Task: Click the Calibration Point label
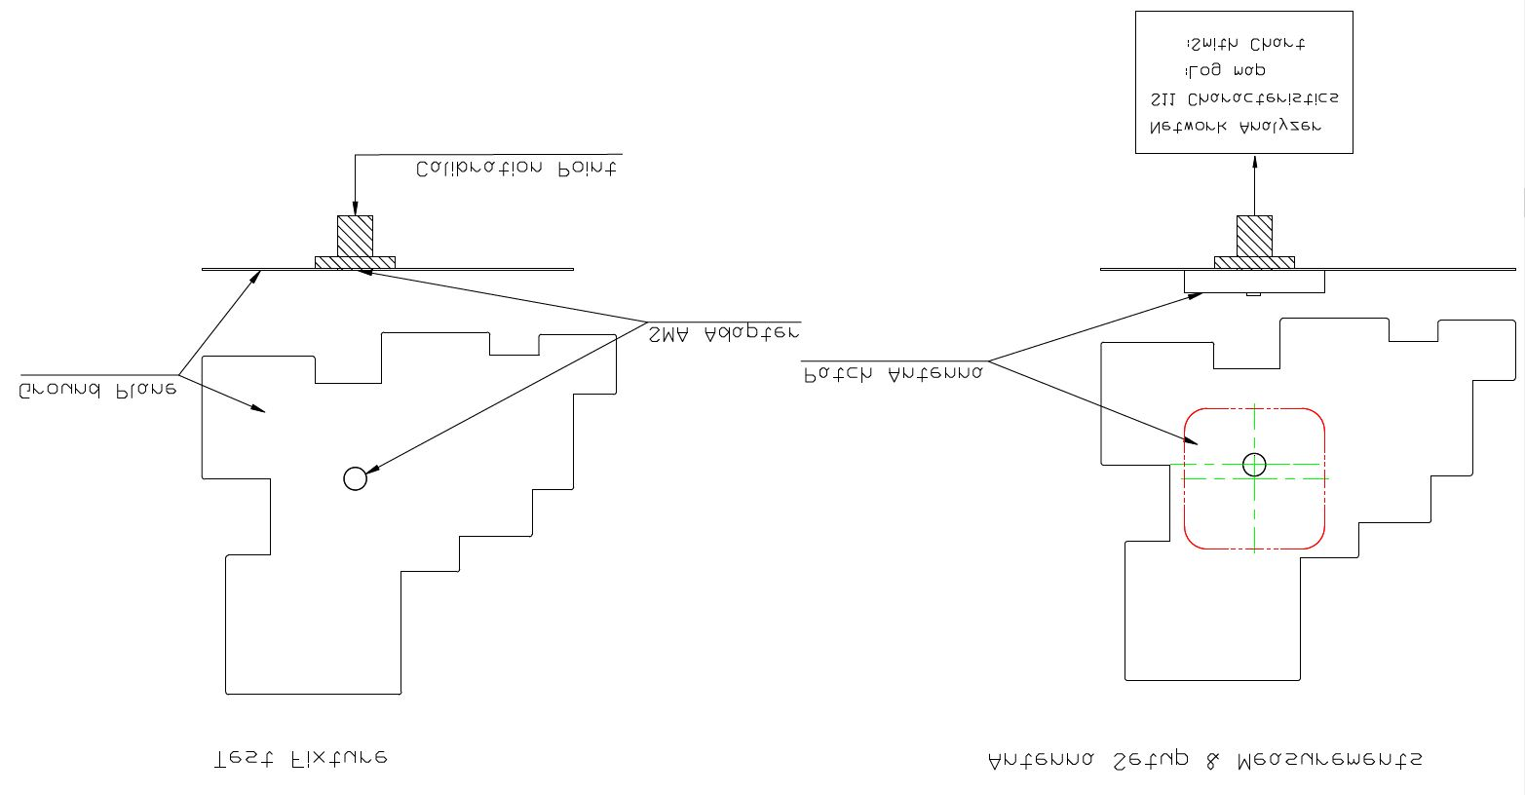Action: point(515,169)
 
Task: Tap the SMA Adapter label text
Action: point(724,333)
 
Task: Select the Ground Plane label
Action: point(96,389)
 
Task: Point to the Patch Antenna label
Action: point(894,373)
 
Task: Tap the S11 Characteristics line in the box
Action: point(1244,98)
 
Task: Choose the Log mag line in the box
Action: point(1226,71)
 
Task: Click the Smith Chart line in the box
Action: point(1245,44)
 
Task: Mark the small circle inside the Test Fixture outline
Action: point(356,478)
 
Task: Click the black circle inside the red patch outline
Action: point(1254,465)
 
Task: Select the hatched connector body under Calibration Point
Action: point(355,235)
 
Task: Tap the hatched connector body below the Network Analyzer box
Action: point(1254,235)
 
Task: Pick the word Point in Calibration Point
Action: point(587,169)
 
